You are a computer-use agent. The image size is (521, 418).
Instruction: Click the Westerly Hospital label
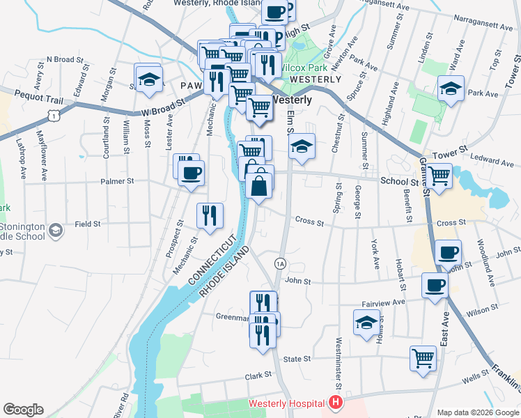(287, 403)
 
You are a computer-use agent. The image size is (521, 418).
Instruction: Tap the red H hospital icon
(336, 403)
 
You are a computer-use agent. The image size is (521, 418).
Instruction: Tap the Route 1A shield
(280, 263)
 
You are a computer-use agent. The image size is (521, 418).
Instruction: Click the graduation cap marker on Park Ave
(451, 88)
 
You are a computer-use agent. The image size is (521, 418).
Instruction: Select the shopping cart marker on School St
(440, 177)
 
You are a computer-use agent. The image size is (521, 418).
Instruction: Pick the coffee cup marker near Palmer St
(191, 172)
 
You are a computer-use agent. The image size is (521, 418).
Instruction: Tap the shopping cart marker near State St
(423, 358)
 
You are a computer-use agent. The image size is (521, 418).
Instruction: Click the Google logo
(23, 410)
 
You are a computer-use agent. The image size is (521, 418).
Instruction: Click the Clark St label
(258, 376)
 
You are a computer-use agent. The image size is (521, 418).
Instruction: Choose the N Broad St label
(65, 60)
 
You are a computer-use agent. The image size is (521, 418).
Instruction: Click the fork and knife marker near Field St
(210, 215)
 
